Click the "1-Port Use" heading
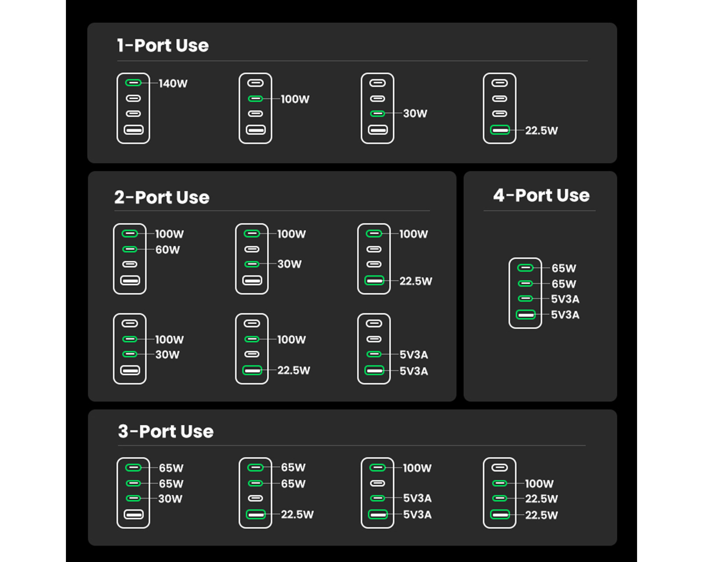(x=163, y=45)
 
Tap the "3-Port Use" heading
(x=166, y=431)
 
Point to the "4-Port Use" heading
(x=541, y=195)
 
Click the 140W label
(x=173, y=83)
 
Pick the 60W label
(x=167, y=249)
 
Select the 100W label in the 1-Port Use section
(x=295, y=99)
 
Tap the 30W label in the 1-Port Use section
(x=415, y=113)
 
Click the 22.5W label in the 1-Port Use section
(x=541, y=130)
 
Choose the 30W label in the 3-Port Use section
(x=170, y=499)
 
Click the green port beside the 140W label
(x=133, y=83)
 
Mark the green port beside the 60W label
(x=130, y=249)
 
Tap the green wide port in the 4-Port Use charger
(x=525, y=314)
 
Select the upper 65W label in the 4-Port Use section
(x=564, y=268)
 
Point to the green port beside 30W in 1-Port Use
(x=377, y=114)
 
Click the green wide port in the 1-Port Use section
(x=500, y=130)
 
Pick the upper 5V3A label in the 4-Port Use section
(x=565, y=299)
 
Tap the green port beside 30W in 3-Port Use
(x=133, y=498)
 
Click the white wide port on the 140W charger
(x=134, y=130)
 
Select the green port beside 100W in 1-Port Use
(x=255, y=98)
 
